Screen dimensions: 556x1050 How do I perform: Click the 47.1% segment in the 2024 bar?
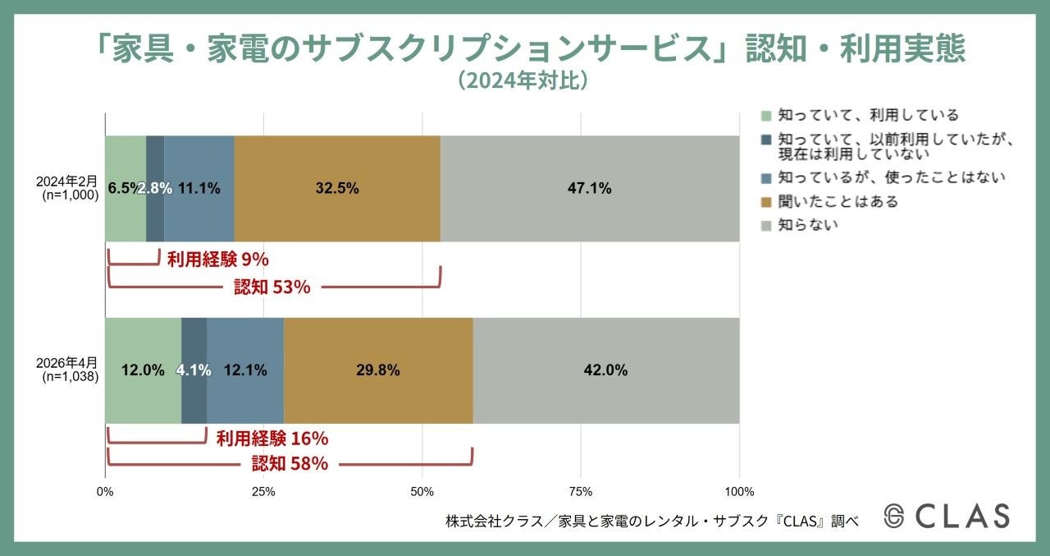coord(589,188)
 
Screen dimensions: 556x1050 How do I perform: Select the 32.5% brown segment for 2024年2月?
coord(337,188)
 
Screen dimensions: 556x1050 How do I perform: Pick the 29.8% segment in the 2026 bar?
coord(378,370)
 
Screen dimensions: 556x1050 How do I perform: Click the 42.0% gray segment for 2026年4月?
coord(605,370)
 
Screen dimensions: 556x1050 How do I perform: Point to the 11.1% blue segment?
coord(199,188)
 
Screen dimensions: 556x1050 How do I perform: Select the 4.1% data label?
coord(194,370)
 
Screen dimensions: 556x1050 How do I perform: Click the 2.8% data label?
coord(154,188)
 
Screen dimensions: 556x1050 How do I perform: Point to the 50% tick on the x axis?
coord(422,492)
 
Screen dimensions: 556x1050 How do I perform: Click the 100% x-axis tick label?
coord(739,492)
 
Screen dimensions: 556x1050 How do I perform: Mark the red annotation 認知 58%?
coord(290,464)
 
